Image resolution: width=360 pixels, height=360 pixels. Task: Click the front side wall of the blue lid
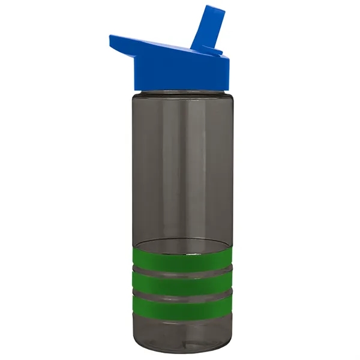pyautogui.click(x=180, y=74)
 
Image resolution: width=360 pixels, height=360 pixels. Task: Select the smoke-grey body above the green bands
pyautogui.click(x=180, y=168)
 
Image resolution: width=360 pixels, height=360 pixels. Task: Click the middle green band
pyautogui.click(x=180, y=283)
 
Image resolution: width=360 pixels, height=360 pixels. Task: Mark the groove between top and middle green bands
pyautogui.click(x=180, y=272)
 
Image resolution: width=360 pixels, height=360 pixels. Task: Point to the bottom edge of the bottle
pyautogui.click(x=180, y=353)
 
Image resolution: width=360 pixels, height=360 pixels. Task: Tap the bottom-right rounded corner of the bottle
pyautogui.click(x=225, y=348)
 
